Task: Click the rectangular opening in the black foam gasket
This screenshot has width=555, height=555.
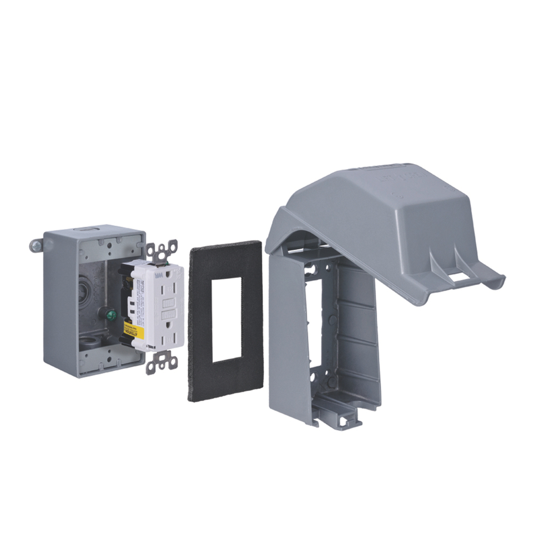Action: [226, 319]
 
